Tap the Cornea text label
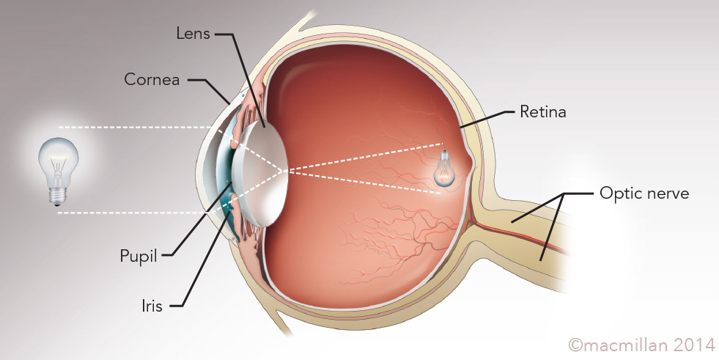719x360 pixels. coord(151,79)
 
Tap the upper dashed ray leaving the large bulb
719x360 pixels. coord(132,128)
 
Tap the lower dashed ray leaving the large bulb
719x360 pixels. coord(132,213)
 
